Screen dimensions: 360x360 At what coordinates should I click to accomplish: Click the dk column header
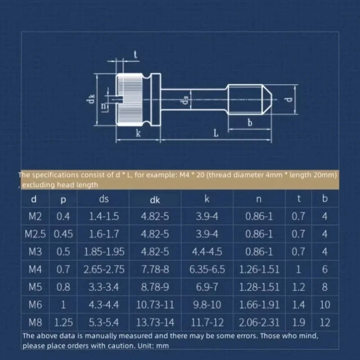[x=155, y=200]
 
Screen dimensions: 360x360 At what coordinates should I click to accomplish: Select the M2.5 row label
[x=35, y=234]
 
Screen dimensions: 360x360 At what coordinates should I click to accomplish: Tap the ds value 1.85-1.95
[x=104, y=252]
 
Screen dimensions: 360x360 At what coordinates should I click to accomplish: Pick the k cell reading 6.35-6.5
[x=207, y=269]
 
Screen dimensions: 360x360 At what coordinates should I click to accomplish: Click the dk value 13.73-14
[x=155, y=322]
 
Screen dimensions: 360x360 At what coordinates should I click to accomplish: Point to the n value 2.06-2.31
[x=259, y=322]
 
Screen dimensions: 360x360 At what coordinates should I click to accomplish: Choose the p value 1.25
[x=63, y=322]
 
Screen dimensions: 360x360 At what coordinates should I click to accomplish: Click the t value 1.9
[x=298, y=322]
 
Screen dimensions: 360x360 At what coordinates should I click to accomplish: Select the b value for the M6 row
[x=324, y=305]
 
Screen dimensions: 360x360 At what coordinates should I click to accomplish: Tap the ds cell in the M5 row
[x=104, y=287]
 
